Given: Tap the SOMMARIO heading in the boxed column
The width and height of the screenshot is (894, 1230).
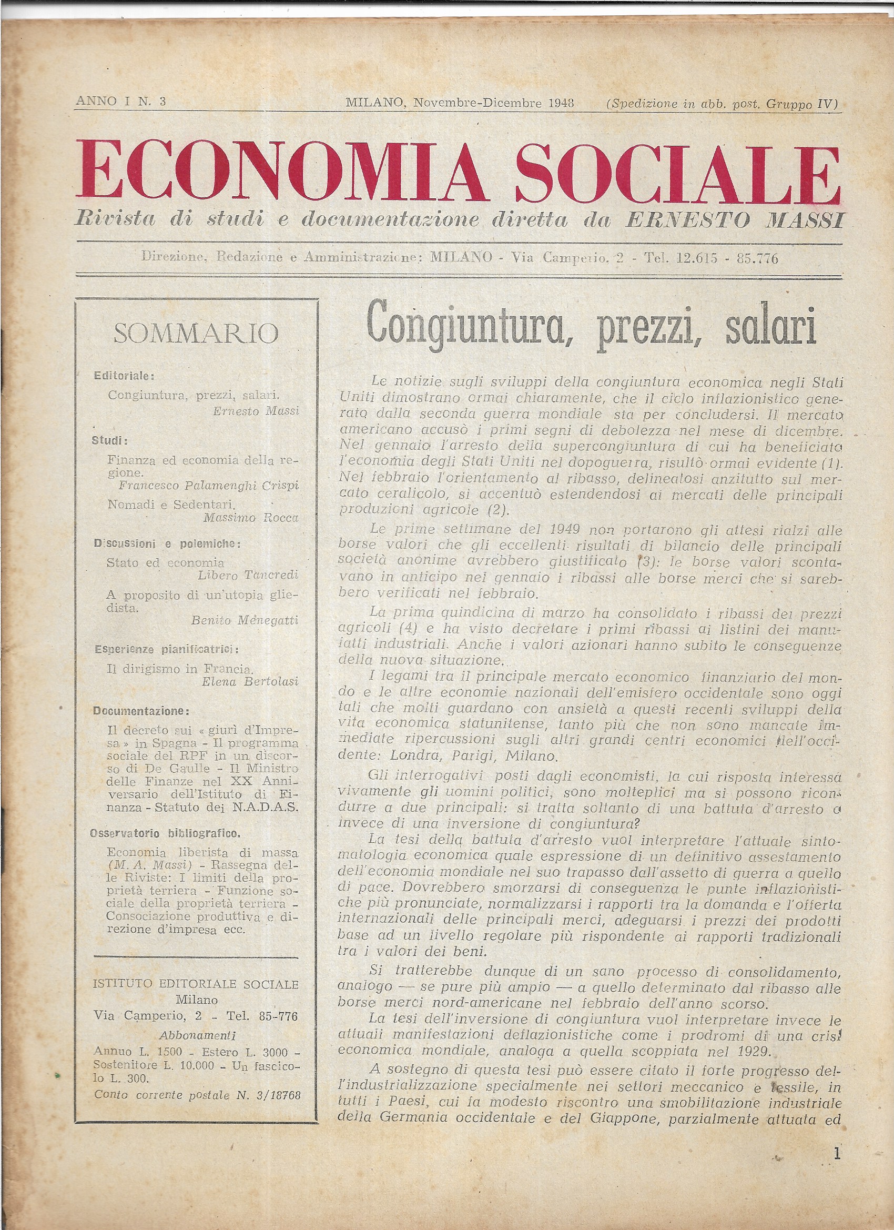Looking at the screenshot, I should pos(196,334).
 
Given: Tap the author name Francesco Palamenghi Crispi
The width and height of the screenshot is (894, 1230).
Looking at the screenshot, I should pos(209,486).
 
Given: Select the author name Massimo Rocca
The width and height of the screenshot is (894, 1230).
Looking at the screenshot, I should pos(251,517).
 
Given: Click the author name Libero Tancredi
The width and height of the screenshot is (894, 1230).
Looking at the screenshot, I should pos(248,576).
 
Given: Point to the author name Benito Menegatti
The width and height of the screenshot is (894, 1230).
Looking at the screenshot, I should pos(245,621).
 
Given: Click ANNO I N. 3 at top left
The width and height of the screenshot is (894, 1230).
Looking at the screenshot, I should pos(121,102).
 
